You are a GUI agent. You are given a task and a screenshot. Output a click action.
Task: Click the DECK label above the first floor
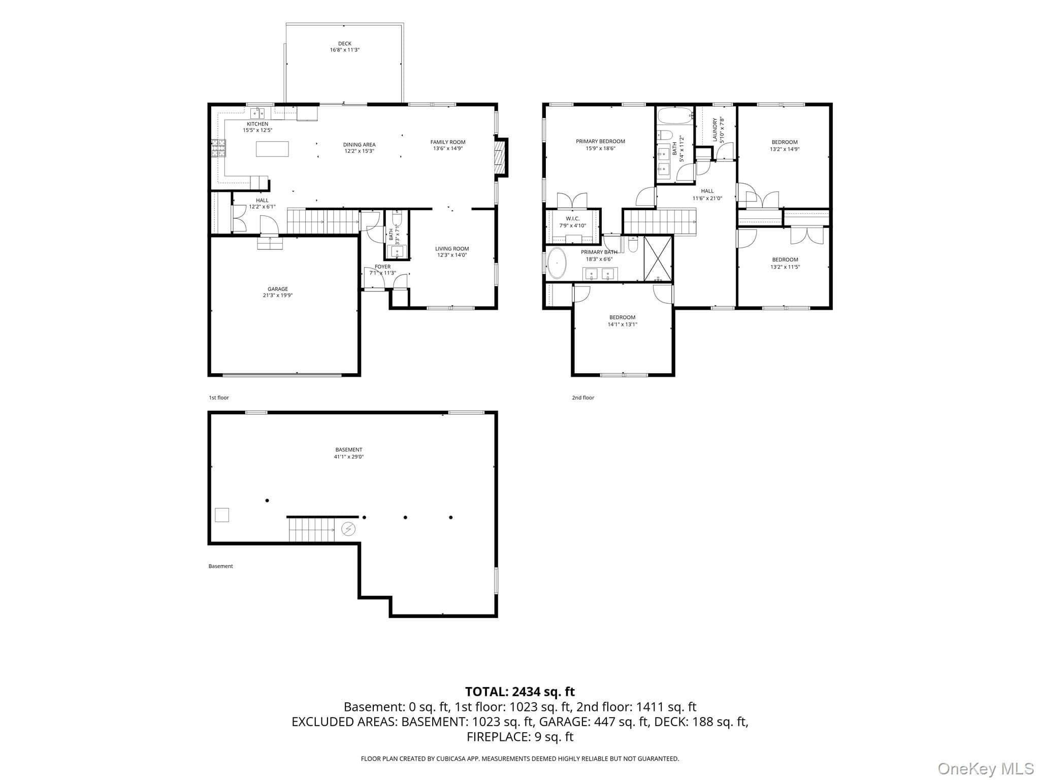point(345,44)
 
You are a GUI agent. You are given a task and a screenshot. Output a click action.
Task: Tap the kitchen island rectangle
point(272,149)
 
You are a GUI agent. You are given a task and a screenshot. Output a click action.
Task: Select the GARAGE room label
point(278,289)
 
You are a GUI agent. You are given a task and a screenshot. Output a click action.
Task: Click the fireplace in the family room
point(501,157)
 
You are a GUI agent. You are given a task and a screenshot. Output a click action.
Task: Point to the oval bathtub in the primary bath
point(558,263)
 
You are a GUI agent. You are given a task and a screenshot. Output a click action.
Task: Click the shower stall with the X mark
point(658,258)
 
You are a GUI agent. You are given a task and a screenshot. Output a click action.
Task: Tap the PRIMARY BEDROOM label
point(600,141)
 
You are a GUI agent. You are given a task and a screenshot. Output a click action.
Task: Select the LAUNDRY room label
point(715,130)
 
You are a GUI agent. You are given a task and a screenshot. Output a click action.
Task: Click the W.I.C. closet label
point(572,219)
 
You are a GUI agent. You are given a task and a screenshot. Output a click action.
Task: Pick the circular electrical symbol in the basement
point(348,529)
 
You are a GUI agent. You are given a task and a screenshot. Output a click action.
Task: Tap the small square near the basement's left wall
point(222,515)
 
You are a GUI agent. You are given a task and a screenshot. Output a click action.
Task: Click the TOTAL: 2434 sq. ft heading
point(520,692)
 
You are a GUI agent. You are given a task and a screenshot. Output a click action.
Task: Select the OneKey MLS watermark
point(986,768)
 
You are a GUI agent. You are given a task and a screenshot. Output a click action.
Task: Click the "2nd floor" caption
point(583,398)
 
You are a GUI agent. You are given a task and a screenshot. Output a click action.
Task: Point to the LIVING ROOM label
point(452,249)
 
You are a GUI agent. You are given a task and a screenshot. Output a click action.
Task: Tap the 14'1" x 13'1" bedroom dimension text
point(622,324)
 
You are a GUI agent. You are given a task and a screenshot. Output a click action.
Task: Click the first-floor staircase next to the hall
point(323,221)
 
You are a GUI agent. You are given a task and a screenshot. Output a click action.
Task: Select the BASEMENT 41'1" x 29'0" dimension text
point(349,457)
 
